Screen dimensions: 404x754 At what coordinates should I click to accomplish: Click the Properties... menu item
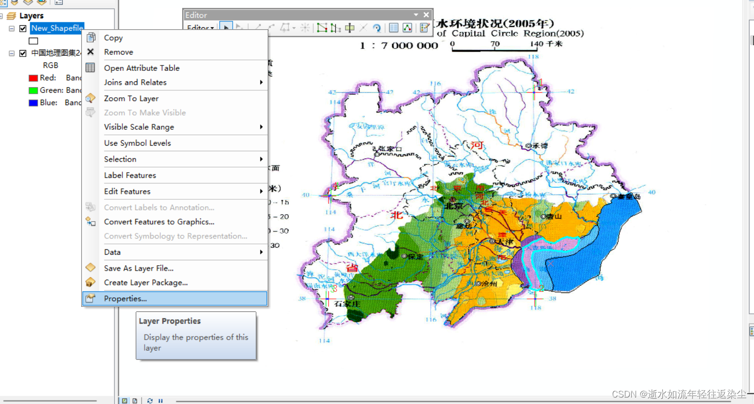125,298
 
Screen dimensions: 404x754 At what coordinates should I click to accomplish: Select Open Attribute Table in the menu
142,68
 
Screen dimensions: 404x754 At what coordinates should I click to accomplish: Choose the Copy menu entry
113,38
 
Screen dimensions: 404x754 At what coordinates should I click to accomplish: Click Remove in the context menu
118,52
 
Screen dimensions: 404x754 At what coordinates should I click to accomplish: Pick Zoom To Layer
131,98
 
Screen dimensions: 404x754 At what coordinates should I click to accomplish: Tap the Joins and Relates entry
135,82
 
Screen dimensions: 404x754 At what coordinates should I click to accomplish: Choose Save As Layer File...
139,268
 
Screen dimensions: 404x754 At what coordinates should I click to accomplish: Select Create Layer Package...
146,283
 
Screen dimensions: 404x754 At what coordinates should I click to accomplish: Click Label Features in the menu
130,175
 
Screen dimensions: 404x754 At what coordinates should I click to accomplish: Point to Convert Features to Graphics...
159,222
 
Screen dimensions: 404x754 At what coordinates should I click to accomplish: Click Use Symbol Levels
137,143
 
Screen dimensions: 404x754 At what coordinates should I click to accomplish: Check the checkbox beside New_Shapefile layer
23,28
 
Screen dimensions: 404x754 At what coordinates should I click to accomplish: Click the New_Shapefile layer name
56,28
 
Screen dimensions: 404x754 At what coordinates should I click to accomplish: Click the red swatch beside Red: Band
33,78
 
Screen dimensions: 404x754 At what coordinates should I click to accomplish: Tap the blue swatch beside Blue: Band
33,103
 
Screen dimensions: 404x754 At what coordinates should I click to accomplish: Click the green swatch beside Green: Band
33,90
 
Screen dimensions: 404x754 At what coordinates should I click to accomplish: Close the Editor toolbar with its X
426,15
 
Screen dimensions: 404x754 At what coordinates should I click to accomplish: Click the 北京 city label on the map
453,205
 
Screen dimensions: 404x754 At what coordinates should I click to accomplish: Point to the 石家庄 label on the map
347,303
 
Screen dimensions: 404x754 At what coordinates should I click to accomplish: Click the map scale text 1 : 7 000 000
399,46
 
